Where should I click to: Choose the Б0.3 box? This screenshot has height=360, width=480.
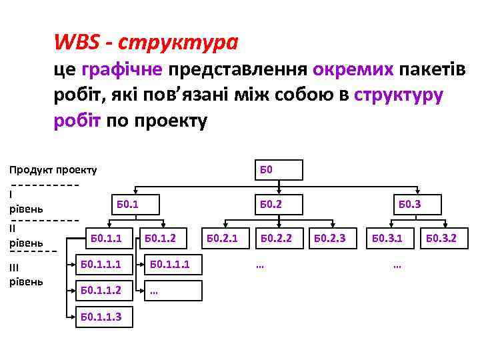coord(410,204)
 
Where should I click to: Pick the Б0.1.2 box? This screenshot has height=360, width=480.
coord(160,237)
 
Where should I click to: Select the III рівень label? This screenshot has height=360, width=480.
coord(26,274)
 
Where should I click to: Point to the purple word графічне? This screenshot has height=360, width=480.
coord(122,69)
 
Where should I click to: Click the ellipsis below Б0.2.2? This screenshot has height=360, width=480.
coord(260,266)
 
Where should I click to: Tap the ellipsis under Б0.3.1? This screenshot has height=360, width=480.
coord(397,266)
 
